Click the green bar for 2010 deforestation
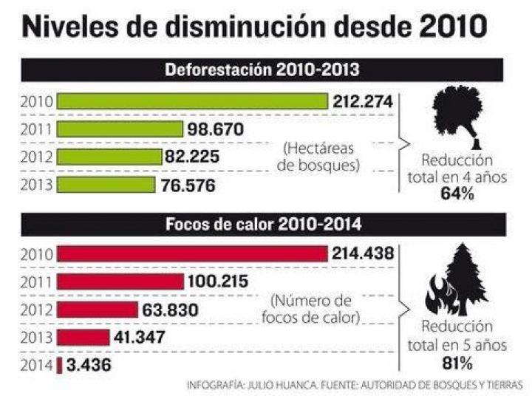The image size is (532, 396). pos(192,101)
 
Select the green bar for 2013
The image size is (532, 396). pos(106,185)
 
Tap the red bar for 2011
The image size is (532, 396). pos(120,281)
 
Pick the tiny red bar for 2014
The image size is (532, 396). pos(60,365)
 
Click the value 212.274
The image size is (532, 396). pos(363,101)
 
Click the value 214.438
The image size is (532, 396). pos(363,254)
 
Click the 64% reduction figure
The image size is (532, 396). pos(456,194)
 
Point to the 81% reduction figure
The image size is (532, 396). pos(456,362)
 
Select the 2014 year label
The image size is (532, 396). pos(37,365)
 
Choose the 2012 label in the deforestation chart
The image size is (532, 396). pos(37,157)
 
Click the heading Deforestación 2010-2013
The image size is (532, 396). pos(262,71)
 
